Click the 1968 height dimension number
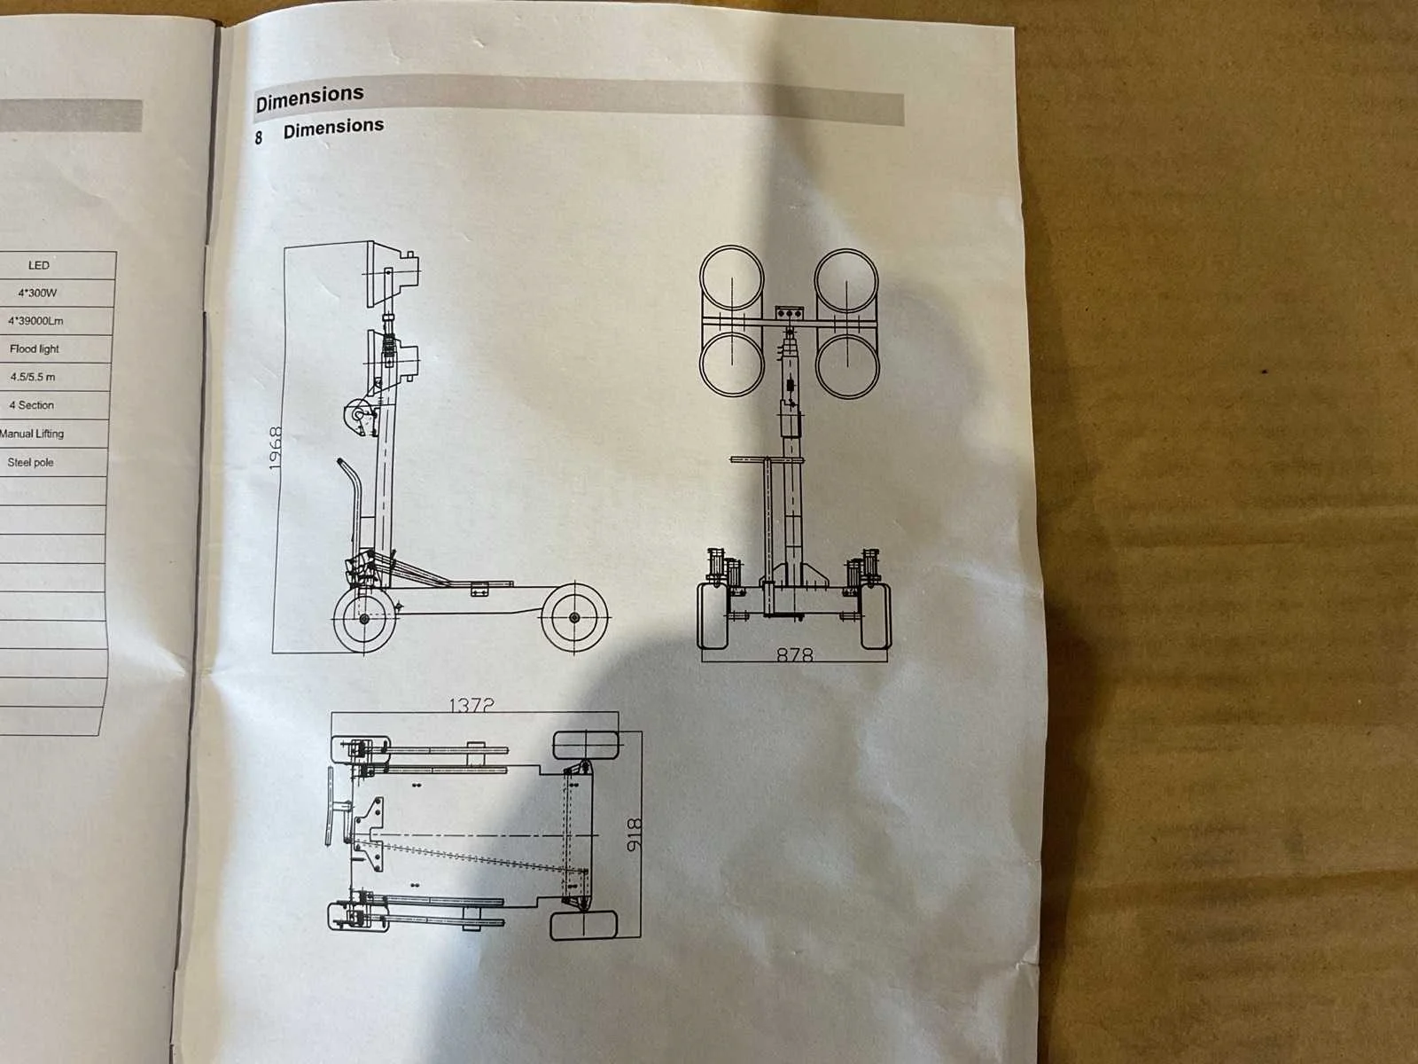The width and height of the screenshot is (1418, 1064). point(276,448)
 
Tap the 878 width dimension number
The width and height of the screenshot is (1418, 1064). point(795,655)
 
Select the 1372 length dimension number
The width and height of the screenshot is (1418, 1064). point(471,705)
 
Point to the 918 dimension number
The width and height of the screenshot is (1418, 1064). point(635,834)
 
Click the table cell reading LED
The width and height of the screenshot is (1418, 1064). point(39,265)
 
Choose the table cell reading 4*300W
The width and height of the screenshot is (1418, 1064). point(37,293)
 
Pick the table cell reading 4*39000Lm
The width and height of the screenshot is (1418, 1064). point(35,321)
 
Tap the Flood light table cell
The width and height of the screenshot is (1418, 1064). point(35,348)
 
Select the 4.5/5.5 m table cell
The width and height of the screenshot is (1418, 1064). point(32,377)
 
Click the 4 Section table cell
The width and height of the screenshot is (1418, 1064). point(31,405)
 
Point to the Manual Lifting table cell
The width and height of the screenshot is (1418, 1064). point(31,434)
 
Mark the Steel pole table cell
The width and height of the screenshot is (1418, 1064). point(30,463)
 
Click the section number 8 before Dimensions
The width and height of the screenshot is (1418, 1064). point(259,137)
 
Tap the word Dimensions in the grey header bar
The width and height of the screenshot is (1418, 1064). point(309,98)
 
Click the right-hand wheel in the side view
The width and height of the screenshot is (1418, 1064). point(574,618)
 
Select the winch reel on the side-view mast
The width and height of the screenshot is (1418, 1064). point(358,415)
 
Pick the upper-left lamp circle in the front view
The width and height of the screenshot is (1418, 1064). point(732,279)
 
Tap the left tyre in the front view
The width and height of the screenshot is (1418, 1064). point(713,616)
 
